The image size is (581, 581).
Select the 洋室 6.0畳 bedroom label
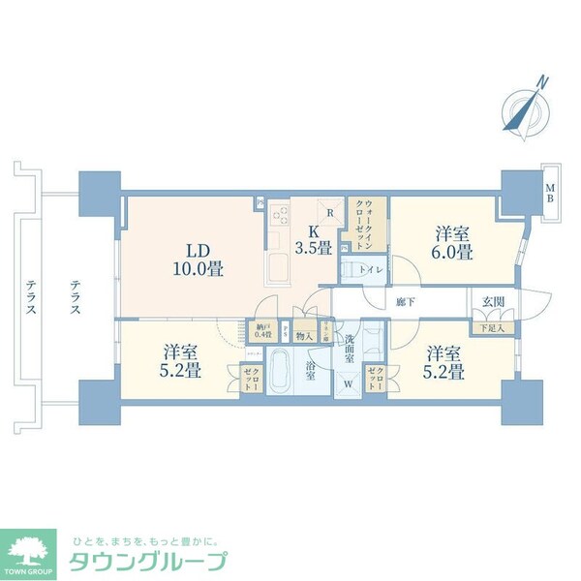coord(453,243)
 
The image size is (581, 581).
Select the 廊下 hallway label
coord(405,302)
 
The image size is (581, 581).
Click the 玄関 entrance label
coord(493,301)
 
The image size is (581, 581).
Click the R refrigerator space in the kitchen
coord(331,214)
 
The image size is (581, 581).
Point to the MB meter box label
coord(548,193)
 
